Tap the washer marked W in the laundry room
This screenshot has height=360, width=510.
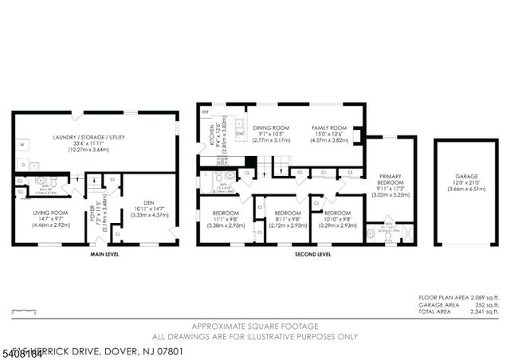pos(23,144)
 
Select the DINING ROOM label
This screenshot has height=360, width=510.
pos(271,128)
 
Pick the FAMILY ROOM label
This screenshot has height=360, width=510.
pos(329,128)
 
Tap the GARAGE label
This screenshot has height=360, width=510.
pos(466,176)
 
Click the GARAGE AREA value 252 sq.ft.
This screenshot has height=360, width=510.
pos(487,304)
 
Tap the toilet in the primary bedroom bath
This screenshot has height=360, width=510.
pos(374,234)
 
